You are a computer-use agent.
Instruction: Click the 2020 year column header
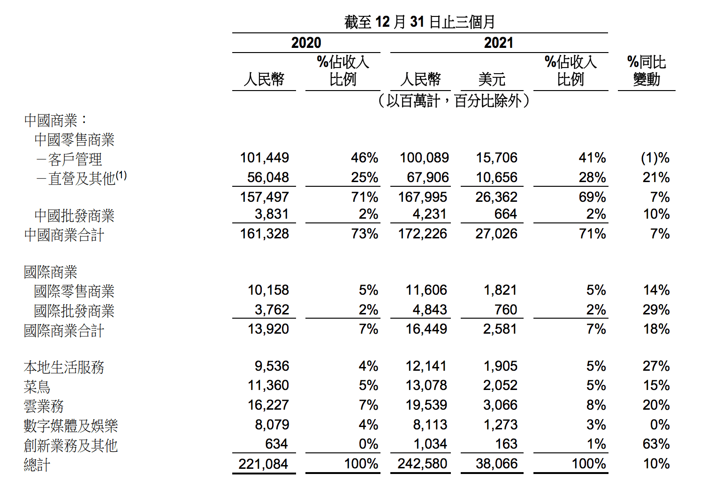point(306,43)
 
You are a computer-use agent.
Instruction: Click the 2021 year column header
point(498,43)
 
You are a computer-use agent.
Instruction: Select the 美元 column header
point(492,79)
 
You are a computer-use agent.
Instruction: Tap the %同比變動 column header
point(647,71)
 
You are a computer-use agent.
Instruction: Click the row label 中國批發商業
point(74,216)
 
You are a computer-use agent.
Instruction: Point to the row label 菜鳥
point(37,387)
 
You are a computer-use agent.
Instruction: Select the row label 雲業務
point(44,406)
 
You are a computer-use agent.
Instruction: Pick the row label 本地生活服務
point(64,367)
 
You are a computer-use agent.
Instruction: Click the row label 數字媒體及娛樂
point(71,426)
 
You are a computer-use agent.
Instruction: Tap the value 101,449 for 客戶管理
point(264,158)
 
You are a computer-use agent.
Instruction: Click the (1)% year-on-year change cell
point(655,158)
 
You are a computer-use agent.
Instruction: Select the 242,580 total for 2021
point(422,464)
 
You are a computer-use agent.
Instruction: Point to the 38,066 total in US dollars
point(496,464)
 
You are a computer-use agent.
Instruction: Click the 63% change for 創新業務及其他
point(656,444)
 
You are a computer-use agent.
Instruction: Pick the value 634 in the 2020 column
point(276,444)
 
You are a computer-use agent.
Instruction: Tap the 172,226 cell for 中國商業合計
point(422,234)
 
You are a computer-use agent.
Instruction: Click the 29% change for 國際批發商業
point(656,310)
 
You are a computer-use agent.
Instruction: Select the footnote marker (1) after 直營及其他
point(121,176)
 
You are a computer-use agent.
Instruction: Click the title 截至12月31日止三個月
point(419,22)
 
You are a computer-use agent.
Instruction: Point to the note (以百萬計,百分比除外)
point(454,100)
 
